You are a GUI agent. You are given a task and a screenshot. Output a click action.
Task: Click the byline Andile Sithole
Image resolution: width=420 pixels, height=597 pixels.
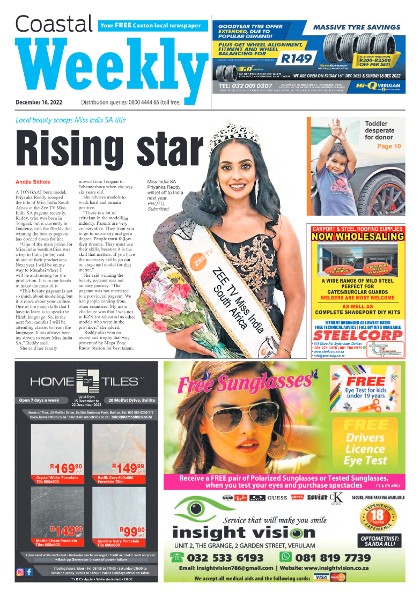[33, 182]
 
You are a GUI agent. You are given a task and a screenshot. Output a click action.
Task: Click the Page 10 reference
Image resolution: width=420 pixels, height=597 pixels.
[388, 146]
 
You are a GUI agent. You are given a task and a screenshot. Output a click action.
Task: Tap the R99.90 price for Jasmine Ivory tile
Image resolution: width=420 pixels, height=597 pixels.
[131, 532]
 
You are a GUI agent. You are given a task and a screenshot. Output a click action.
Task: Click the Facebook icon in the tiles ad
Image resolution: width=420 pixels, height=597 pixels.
[29, 572]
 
